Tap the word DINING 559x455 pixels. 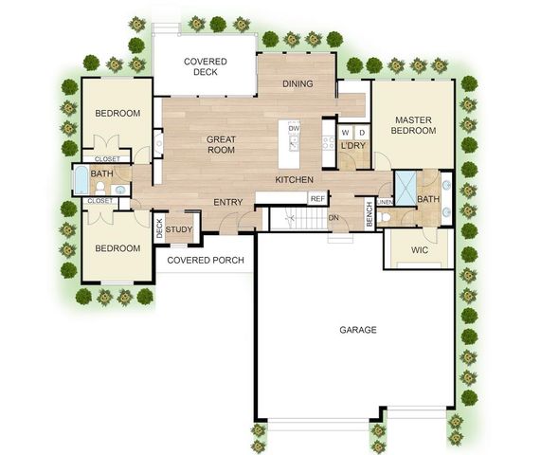point(298,83)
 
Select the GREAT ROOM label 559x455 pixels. point(221,144)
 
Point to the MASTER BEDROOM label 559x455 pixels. point(414,125)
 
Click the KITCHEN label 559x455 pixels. point(295,180)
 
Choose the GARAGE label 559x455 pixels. point(358,330)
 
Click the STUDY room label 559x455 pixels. point(179,229)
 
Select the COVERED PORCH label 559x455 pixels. point(206,260)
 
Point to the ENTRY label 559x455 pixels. point(228,202)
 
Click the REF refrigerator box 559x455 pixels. point(317,198)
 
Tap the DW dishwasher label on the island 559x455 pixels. point(294,128)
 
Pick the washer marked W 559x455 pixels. point(346,132)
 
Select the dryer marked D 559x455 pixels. point(361,132)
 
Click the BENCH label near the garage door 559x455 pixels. point(370,215)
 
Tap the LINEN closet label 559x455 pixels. point(385,202)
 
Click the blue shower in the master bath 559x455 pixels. point(405,187)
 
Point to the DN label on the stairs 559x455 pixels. point(334,218)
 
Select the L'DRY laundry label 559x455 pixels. point(353,145)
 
